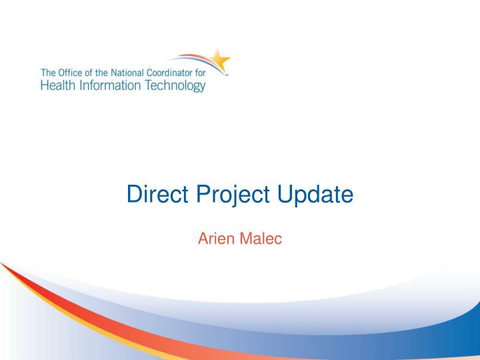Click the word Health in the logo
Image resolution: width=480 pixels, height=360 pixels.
pos(57,85)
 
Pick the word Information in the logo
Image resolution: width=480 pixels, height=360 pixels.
pos(105,85)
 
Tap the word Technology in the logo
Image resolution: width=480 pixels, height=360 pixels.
pos(171,86)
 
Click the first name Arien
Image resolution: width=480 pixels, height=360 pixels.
pos(215,239)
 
